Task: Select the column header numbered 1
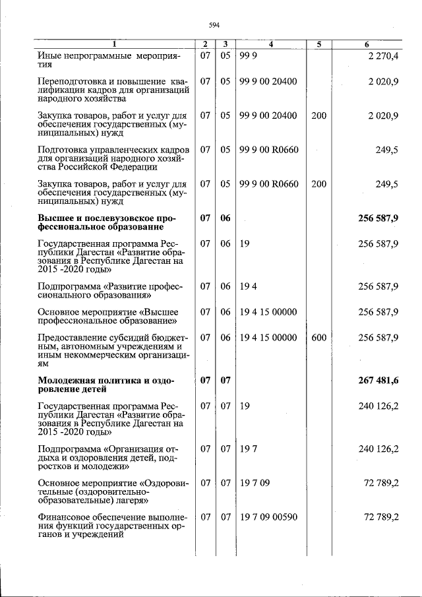114,44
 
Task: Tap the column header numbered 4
270,44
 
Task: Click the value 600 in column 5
318,338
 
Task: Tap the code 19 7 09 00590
268,517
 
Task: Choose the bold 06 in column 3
225,217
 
